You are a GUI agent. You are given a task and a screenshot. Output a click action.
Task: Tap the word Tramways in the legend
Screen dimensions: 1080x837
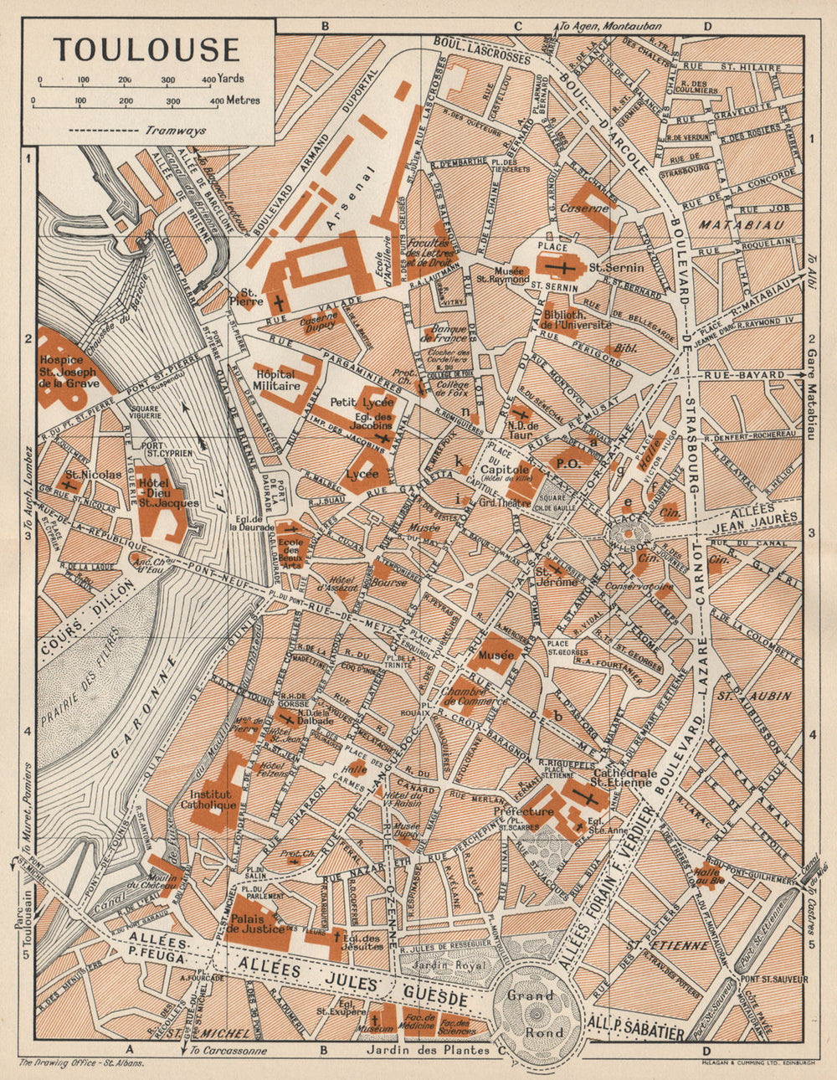tap(176, 131)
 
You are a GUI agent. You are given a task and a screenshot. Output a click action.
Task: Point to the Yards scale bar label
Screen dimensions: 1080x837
tap(230, 79)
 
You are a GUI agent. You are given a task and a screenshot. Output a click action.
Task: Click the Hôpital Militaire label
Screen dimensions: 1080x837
tap(276, 381)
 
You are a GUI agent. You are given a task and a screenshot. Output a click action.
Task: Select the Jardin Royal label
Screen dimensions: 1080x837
tap(456, 965)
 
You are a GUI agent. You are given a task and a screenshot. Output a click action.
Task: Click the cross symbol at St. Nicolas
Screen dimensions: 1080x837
tap(67, 483)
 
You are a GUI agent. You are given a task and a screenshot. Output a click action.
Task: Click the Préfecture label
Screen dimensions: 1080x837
tap(524, 811)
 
